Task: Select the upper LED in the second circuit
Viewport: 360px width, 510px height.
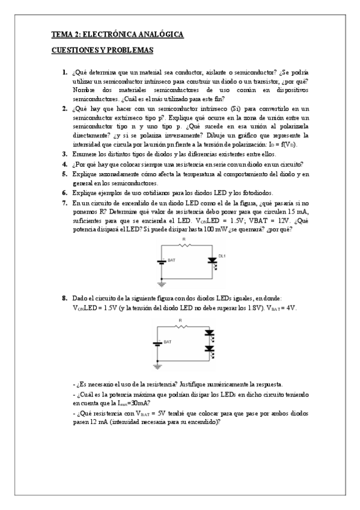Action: pos(209,333)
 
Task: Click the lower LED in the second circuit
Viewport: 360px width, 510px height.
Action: pos(209,348)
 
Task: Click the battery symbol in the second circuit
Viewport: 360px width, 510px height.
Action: pos(157,343)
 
